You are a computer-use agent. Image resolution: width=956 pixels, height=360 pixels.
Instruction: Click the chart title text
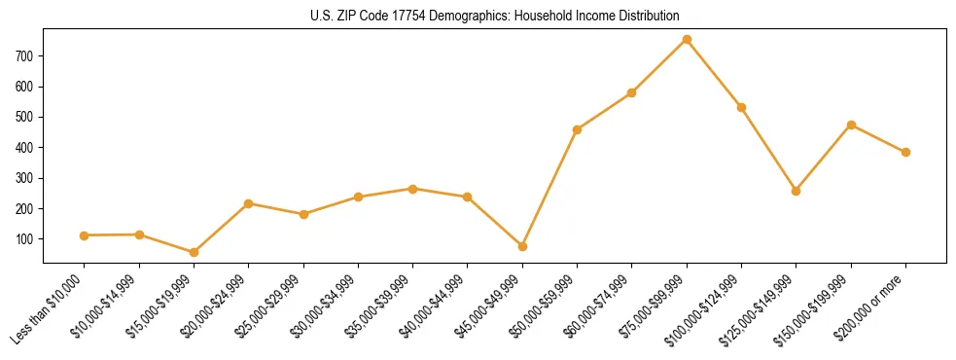point(494,16)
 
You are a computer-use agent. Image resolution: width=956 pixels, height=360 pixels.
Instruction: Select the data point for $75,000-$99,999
point(687,39)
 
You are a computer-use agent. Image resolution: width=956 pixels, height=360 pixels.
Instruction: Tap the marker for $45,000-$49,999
point(522,246)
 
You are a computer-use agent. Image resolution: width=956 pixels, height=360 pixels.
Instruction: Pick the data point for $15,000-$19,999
point(194,252)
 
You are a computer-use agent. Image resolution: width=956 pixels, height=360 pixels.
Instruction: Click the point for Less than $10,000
point(85,235)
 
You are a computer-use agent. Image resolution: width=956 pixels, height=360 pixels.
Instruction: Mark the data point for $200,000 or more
point(905,152)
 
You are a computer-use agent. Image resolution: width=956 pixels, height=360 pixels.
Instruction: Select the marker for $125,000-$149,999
point(797,191)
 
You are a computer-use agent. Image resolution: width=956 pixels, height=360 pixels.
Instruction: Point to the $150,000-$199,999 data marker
point(851,125)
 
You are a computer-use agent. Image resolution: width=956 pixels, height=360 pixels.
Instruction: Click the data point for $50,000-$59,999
point(578,129)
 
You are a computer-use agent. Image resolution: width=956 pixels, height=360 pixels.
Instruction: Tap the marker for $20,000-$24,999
point(249,203)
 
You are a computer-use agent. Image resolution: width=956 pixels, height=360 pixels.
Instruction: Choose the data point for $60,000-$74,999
point(632,92)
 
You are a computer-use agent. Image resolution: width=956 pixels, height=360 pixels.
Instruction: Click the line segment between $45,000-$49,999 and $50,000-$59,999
point(550,188)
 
